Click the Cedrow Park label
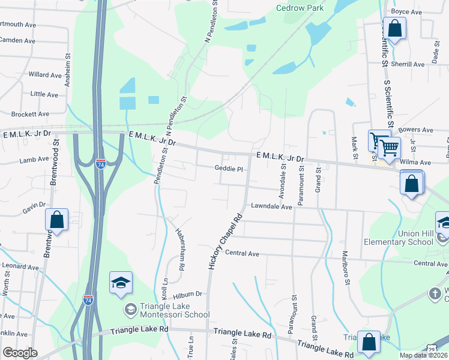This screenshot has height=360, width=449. click(x=300, y=8)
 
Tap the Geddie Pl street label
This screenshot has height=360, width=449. click(x=228, y=169)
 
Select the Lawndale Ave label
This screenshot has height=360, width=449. click(x=271, y=206)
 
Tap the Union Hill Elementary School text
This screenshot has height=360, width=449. click(x=399, y=238)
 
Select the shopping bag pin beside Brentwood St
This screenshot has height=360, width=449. click(x=57, y=220)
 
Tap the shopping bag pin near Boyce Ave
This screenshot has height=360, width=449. click(x=394, y=28)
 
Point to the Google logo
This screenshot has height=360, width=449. click(x=20, y=353)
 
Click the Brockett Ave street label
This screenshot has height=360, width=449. click(x=30, y=113)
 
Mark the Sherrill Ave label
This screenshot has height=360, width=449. click(x=408, y=64)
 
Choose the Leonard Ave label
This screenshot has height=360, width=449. click(x=20, y=266)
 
